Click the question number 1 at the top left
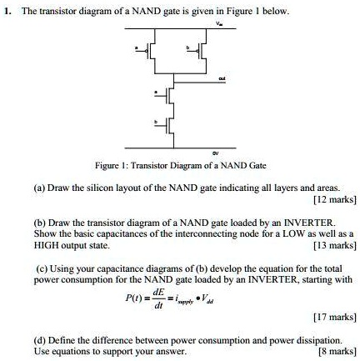click(x=7, y=11)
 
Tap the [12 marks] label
click(x=334, y=201)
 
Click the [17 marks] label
click(x=334, y=315)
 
